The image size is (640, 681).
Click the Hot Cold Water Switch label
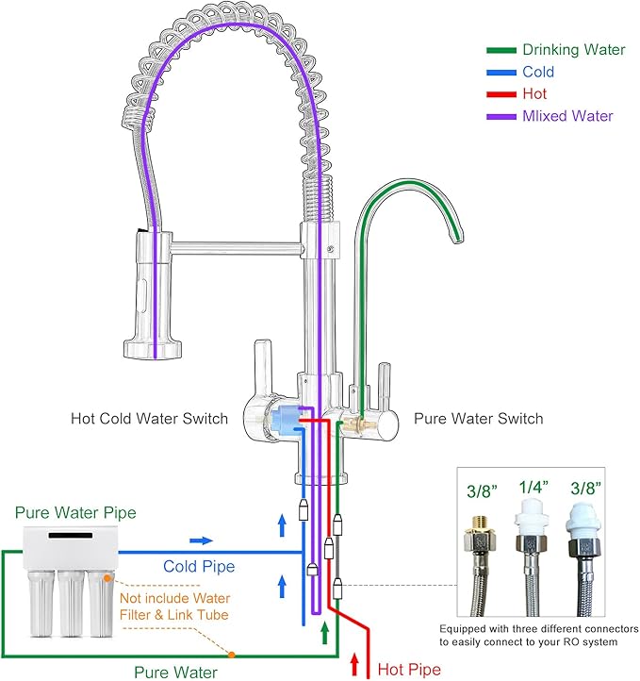[x=150, y=418]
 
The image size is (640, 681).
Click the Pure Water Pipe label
[x=74, y=513]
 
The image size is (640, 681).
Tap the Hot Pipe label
[x=409, y=670]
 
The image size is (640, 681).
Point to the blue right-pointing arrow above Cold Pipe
[x=201, y=540]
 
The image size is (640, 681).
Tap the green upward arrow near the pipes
[x=325, y=630]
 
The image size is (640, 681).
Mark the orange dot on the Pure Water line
[x=231, y=653]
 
